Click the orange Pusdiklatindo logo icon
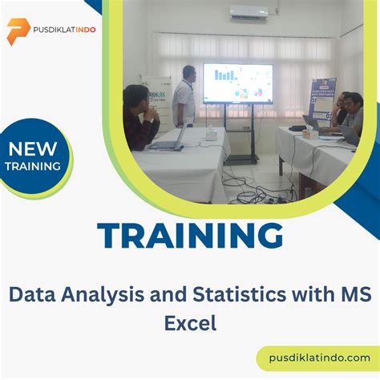(18, 30)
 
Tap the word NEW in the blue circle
(34, 148)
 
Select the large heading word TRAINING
(190, 235)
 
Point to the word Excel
(190, 323)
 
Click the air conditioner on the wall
(249, 14)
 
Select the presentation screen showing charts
(238, 83)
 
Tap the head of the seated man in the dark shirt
(133, 95)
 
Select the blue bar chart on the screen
(224, 75)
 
